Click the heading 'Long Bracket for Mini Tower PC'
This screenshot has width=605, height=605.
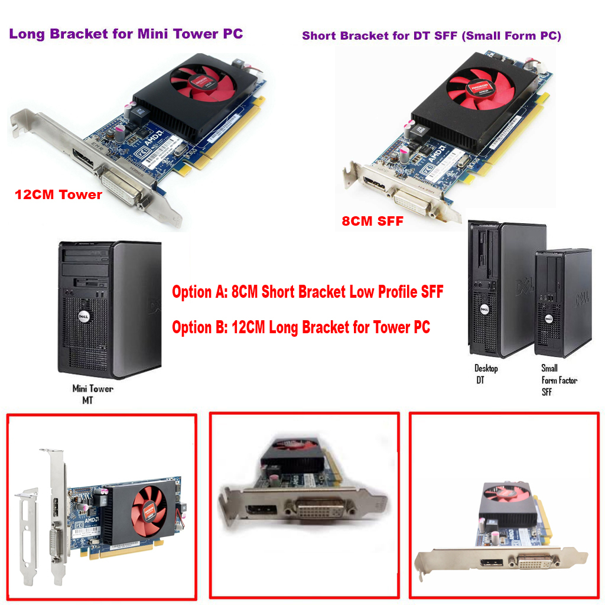(126, 34)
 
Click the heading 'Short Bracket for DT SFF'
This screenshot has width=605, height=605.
(431, 35)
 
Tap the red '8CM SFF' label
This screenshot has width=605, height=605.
(372, 222)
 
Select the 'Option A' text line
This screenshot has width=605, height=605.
(307, 291)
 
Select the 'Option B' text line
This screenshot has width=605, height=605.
(301, 327)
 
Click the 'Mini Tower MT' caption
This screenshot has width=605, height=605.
(92, 395)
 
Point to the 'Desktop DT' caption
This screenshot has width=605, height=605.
(486, 374)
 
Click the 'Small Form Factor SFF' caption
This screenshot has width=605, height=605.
(559, 380)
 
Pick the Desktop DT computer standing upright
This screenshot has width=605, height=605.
(498, 290)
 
